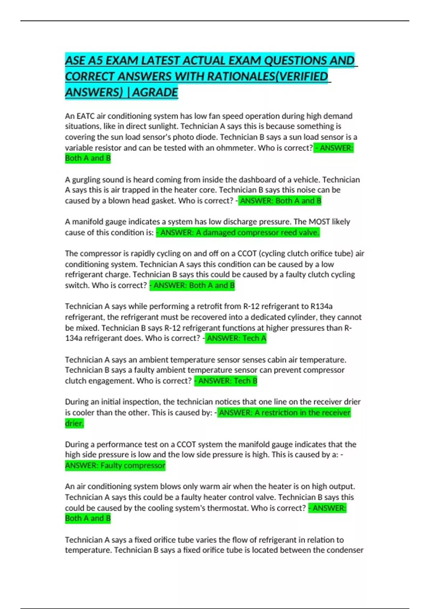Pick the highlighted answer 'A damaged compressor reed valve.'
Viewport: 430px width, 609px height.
point(238,232)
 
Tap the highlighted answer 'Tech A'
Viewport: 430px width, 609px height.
point(236,338)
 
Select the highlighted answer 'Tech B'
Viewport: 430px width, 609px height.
point(226,381)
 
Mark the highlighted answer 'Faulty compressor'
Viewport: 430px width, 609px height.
point(115,465)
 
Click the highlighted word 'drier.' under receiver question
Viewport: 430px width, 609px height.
point(75,423)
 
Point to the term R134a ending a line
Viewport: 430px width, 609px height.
point(321,306)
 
